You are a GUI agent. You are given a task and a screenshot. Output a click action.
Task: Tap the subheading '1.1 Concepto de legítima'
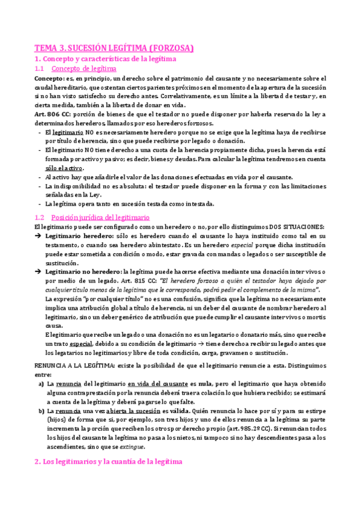click(x=84, y=69)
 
